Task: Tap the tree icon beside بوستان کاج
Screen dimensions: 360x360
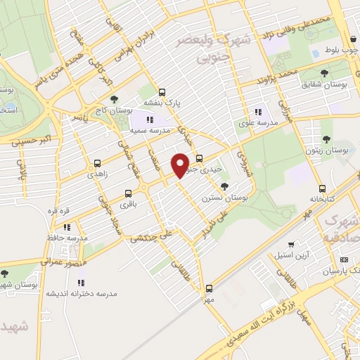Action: tap(115, 100)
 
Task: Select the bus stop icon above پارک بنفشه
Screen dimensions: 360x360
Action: tap(162, 91)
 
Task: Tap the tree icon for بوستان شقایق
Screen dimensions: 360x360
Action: tap(324, 72)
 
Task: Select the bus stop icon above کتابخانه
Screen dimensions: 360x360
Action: tap(322, 188)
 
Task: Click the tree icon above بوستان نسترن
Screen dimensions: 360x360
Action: tap(224, 186)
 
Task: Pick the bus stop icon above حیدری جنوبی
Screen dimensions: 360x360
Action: tap(200, 158)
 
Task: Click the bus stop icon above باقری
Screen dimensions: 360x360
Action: tap(128, 193)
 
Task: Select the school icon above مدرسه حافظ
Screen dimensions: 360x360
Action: tap(67, 227)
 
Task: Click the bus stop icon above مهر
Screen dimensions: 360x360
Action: tap(209, 288)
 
